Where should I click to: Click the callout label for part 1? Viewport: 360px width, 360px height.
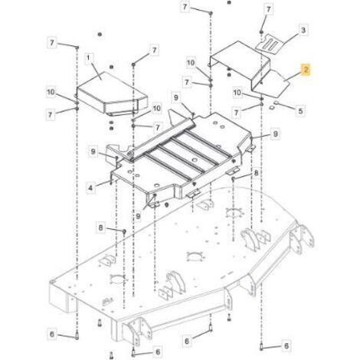[88, 58]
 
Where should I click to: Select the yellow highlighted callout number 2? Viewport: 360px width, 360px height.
[306, 70]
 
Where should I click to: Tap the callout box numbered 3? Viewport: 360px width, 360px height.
[303, 30]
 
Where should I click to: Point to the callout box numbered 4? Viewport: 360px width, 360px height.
[90, 188]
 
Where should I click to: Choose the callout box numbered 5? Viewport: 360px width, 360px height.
[300, 111]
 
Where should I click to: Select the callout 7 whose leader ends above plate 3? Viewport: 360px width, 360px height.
[268, 10]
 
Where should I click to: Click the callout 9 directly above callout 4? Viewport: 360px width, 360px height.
[93, 152]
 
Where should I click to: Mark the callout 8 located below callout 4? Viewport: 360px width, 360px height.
[101, 227]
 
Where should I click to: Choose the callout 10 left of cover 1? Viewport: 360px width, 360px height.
[51, 92]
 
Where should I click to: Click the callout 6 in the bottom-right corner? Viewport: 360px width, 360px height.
[286, 346]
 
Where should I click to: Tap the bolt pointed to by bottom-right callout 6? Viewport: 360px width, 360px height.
[261, 346]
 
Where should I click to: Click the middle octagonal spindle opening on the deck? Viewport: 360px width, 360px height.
[196, 257]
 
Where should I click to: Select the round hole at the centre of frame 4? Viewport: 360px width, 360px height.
[195, 160]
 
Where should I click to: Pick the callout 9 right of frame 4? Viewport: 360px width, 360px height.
[275, 134]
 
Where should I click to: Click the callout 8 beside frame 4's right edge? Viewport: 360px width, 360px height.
[256, 173]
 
